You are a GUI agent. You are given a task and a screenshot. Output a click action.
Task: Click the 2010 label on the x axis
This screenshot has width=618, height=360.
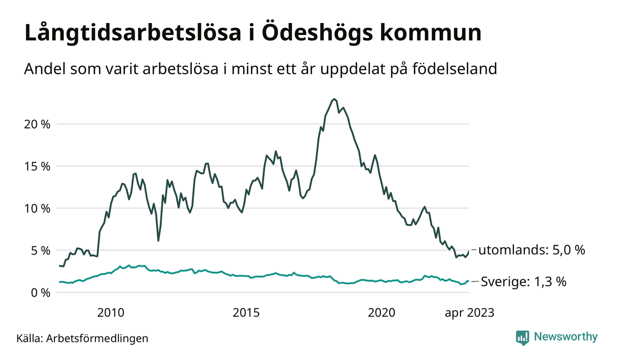[111, 313]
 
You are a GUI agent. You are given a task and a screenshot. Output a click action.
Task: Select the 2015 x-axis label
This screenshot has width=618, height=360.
[246, 313]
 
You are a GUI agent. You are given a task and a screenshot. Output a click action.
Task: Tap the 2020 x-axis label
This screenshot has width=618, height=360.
[381, 313]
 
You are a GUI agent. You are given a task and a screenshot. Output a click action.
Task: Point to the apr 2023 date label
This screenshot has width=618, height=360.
[469, 313]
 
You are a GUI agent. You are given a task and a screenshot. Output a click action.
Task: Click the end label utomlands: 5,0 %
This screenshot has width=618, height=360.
[531, 251]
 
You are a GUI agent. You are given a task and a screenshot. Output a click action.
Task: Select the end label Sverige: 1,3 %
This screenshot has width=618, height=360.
[523, 282]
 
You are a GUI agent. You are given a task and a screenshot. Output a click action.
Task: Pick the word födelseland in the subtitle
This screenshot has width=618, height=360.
[458, 69]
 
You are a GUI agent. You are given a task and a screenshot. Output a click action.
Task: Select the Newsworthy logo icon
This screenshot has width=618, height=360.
[523, 337]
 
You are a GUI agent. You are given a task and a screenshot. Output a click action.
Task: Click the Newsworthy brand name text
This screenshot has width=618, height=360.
[565, 337]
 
